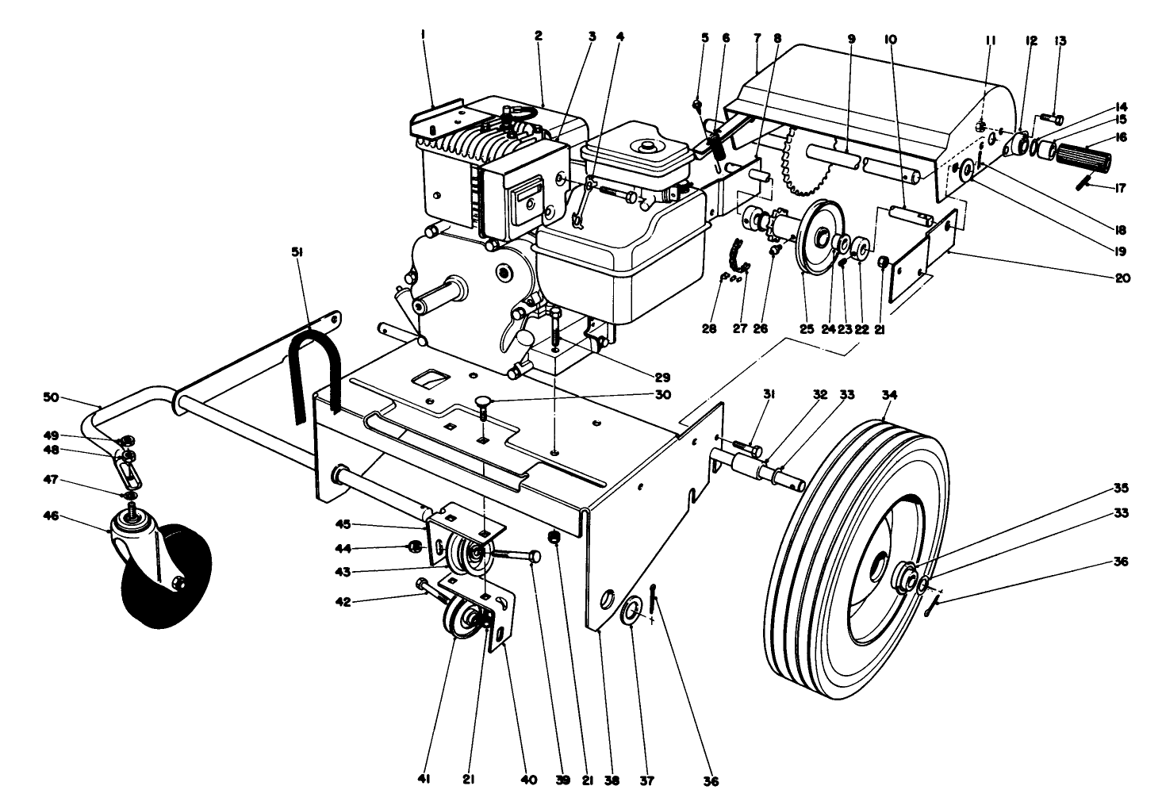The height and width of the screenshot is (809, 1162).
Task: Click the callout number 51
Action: coord(298,253)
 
